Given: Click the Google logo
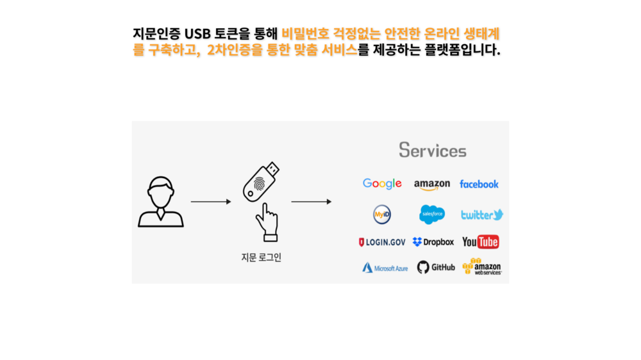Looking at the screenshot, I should coord(382,184).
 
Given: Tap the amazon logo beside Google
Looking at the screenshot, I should coord(432,184).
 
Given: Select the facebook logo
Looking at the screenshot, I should coord(479,184).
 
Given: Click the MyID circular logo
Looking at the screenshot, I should coord(382,214).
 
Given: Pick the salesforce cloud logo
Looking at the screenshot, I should coord(432,214).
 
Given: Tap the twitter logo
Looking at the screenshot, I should coord(482,215).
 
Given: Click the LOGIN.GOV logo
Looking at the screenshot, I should coord(382,242).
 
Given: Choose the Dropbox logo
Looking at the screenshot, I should coord(433,242).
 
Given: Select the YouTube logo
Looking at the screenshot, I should coord(480,242).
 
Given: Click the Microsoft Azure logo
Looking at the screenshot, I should coord(385,268).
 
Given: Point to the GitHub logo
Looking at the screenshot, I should coord(436,267).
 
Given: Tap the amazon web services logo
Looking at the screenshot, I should coord(482,266).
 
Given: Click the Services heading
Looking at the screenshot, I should coord(433,151).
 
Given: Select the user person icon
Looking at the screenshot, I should coord(160,202).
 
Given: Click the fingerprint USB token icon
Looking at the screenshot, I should coord(261,181).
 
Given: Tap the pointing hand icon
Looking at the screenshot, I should coord(267,222).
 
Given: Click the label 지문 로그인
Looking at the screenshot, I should coord(261,258).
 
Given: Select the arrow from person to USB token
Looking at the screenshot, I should coord(210,202).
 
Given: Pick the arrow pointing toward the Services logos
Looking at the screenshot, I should coord(311,202).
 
